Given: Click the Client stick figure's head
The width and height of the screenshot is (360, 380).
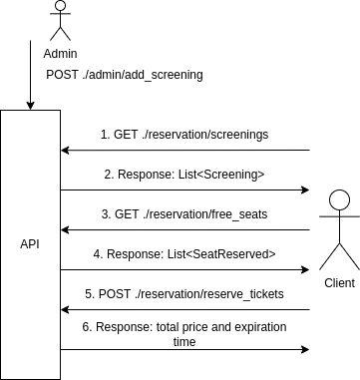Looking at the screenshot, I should [338, 197].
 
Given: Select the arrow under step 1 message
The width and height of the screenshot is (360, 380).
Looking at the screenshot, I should [184, 151].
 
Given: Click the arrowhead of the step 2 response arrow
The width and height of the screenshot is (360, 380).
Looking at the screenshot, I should [303, 190].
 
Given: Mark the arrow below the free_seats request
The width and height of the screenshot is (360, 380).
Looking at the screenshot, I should [184, 229].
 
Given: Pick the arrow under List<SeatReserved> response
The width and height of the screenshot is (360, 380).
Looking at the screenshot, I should [184, 269].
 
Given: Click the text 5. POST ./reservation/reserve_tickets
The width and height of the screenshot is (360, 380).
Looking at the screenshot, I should [184, 293].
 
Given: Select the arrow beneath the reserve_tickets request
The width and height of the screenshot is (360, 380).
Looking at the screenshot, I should [184, 309].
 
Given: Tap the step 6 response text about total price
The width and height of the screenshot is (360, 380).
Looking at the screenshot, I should [184, 326].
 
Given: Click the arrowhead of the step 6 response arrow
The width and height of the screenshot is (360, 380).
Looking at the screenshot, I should [303, 349].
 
